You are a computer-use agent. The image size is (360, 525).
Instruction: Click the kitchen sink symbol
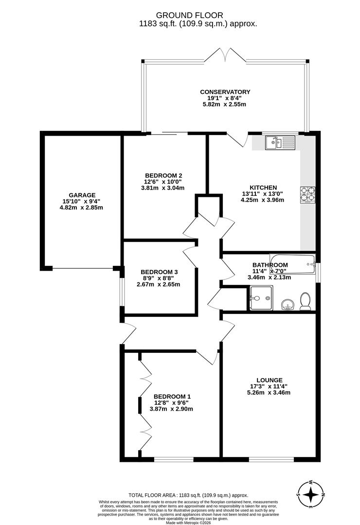(280, 142)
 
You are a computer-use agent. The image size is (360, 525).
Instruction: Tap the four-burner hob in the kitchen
(307, 194)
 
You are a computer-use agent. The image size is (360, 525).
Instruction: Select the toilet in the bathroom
(305, 301)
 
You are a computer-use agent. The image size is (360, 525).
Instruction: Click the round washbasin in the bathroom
(288, 305)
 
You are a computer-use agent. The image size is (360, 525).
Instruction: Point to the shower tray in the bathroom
(261, 297)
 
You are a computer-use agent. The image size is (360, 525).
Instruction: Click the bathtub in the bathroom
(293, 264)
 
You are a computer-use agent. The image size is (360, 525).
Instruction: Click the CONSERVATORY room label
(225, 92)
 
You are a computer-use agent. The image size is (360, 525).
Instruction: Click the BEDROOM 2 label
(163, 175)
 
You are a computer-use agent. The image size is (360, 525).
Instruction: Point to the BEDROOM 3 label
(159, 272)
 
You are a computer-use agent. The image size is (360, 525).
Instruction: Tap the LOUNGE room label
(270, 380)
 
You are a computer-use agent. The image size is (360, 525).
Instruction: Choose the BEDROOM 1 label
(172, 397)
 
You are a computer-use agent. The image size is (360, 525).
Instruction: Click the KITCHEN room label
(263, 188)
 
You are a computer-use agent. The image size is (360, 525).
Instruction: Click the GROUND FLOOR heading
(189, 15)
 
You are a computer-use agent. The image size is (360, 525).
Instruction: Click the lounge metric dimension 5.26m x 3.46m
(269, 392)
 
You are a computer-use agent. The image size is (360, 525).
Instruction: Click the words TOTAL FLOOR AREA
(153, 495)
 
